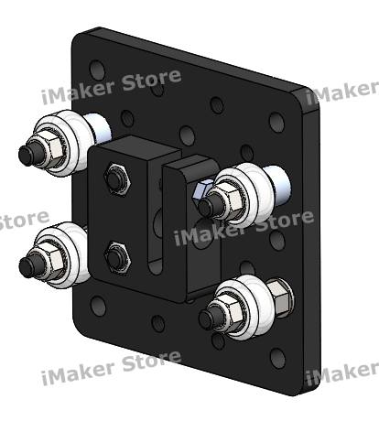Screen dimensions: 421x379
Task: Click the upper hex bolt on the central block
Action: pyautogui.click(x=116, y=178)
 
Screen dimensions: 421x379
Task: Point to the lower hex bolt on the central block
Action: pyautogui.click(x=116, y=256)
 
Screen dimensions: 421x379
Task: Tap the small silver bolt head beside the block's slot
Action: pyautogui.click(x=201, y=189)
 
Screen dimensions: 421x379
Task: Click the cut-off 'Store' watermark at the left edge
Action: pyautogui.click(x=23, y=220)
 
